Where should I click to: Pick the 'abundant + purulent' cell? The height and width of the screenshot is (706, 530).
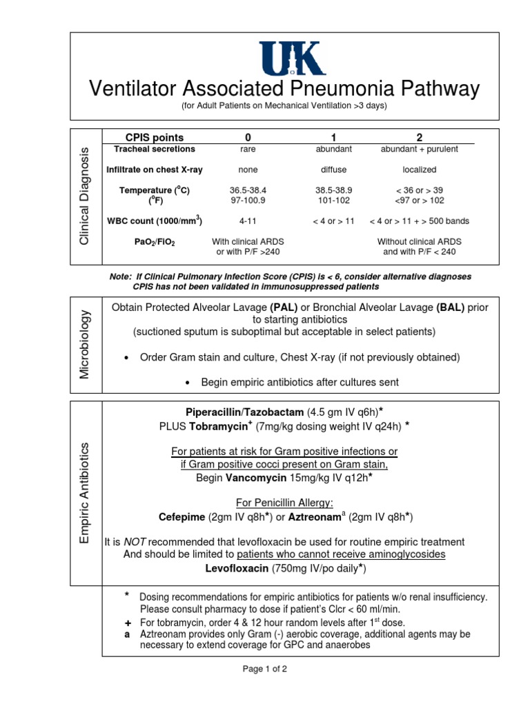[x=419, y=149]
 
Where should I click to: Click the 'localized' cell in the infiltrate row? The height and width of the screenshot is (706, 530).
[x=419, y=170]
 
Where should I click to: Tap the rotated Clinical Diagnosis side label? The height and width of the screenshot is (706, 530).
[x=84, y=196]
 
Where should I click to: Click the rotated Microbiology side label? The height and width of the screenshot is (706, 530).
[x=84, y=343]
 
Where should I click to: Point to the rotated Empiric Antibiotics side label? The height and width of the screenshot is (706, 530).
[x=84, y=493]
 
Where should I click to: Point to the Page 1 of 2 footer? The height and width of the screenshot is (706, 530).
[x=264, y=669]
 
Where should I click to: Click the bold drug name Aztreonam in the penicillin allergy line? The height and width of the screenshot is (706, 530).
[x=315, y=517]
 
